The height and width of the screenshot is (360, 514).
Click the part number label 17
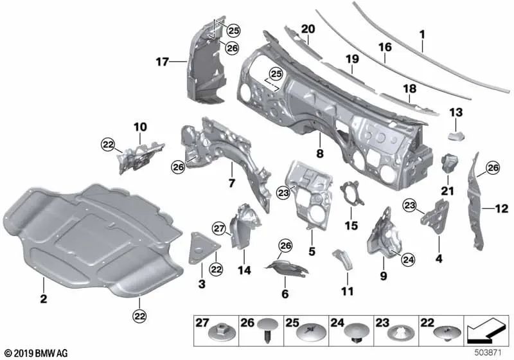(x=161, y=62)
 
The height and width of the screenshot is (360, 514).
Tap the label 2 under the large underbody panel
(x=43, y=300)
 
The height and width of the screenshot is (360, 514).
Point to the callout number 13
(x=456, y=113)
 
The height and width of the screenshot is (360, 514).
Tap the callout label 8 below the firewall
(x=320, y=154)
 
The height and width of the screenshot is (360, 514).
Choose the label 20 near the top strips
(x=308, y=29)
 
